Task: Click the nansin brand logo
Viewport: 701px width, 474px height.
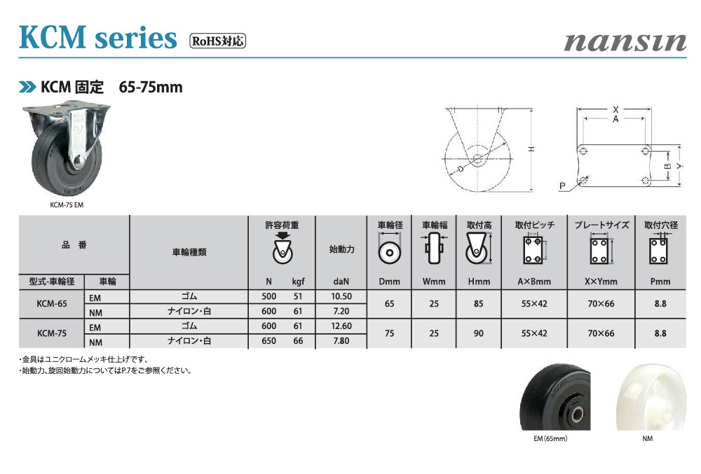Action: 625,43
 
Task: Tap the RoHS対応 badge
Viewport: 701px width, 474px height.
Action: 218,41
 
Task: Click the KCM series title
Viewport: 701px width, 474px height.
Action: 98,37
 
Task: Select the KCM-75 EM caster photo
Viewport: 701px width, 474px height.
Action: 66,150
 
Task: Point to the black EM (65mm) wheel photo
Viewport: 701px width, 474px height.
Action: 555,397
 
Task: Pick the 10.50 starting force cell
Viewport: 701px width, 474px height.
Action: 341,296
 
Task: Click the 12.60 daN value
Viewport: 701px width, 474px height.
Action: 341,326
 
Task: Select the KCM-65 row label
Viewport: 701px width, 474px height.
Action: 52,303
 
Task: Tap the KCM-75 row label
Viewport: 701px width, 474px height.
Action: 52,333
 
